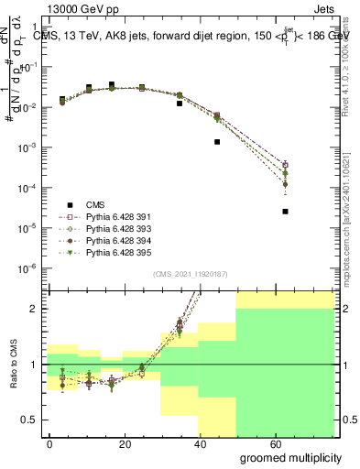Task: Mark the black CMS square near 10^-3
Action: [x=217, y=142]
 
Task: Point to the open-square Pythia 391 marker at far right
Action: [x=286, y=165]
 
